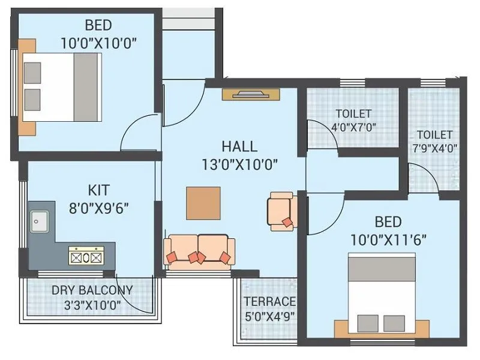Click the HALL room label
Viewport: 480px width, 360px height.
(239, 146)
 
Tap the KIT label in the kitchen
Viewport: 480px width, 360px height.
(99, 190)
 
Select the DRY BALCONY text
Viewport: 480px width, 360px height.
(92, 290)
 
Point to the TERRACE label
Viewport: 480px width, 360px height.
(269, 301)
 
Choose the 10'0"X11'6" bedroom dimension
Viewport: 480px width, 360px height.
(388, 240)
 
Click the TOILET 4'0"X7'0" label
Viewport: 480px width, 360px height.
(353, 120)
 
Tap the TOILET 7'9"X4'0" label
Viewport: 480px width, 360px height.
(435, 142)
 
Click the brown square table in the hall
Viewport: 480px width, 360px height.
(203, 203)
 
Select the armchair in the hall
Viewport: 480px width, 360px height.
(281, 211)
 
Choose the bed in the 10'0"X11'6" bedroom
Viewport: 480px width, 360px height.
(382, 293)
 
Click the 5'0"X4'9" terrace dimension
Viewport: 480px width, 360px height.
(269, 316)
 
